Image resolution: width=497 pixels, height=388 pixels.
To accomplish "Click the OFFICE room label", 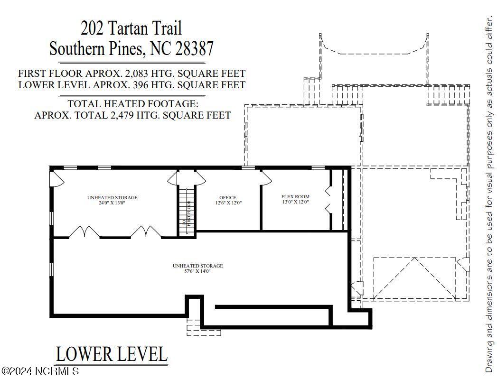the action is pyautogui.click(x=227, y=198).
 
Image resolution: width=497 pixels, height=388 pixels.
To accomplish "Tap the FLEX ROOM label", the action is pyautogui.click(x=295, y=196).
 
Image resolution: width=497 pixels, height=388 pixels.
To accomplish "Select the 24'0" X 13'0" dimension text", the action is pyautogui.click(x=112, y=203).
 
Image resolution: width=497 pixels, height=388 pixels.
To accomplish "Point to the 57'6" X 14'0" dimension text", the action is pyautogui.click(x=197, y=271).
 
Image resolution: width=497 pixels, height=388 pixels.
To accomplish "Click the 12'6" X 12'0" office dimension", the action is pyautogui.click(x=228, y=203).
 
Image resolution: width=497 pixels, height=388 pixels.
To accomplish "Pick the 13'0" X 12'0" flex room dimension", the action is pyautogui.click(x=295, y=202).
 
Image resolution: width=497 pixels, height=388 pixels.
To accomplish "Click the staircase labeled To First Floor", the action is pyautogui.click(x=187, y=211).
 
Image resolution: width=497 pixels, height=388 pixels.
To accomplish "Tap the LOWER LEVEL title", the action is pyautogui.click(x=112, y=354).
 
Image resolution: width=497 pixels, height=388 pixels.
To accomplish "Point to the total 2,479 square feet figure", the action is pyautogui.click(x=122, y=115).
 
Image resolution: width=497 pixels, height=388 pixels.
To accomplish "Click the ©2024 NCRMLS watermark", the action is pyautogui.click(x=40, y=371).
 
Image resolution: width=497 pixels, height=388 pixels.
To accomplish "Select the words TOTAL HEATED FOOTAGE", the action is pyautogui.click(x=133, y=103).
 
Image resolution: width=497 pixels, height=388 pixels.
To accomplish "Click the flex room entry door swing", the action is pyautogui.click(x=265, y=178).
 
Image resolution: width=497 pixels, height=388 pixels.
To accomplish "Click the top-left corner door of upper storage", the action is pyautogui.click(x=57, y=179).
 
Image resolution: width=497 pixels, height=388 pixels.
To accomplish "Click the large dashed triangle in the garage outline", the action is pyautogui.click(x=415, y=279).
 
